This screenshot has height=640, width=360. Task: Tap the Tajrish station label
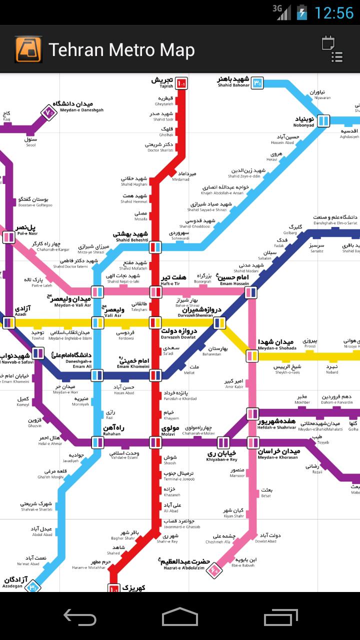[162, 82]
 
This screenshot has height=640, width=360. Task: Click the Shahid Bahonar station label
[233, 81]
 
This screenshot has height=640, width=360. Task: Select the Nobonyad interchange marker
[323, 120]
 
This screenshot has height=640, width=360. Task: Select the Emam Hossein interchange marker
[251, 292]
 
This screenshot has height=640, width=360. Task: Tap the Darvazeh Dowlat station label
[179, 333]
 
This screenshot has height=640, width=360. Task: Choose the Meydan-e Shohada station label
[277, 345]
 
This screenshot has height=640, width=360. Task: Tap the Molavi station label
[171, 431]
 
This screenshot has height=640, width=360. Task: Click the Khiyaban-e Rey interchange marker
[223, 442]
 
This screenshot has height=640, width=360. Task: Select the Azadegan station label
[13, 582]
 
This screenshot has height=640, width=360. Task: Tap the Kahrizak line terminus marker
[114, 588]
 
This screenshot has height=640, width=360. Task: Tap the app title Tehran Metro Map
[121, 50]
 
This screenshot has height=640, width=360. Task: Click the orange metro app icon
[28, 49]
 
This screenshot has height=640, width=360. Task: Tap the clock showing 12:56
[333, 12]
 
